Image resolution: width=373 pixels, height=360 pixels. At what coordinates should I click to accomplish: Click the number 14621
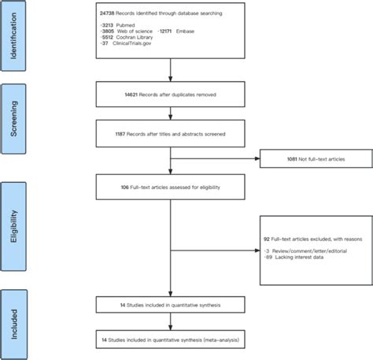point(108,94)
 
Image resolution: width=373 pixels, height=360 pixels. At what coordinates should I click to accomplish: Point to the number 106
point(105,187)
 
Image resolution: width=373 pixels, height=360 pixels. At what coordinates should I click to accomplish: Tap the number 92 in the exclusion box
point(268,236)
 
